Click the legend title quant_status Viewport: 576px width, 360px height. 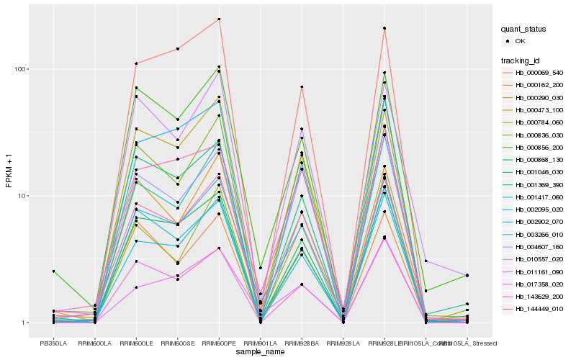(523, 29)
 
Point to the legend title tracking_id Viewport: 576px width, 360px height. (521, 60)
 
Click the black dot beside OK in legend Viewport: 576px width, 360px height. (508, 41)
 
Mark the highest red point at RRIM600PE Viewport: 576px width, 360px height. (219, 19)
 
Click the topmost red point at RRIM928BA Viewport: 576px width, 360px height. (302, 87)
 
